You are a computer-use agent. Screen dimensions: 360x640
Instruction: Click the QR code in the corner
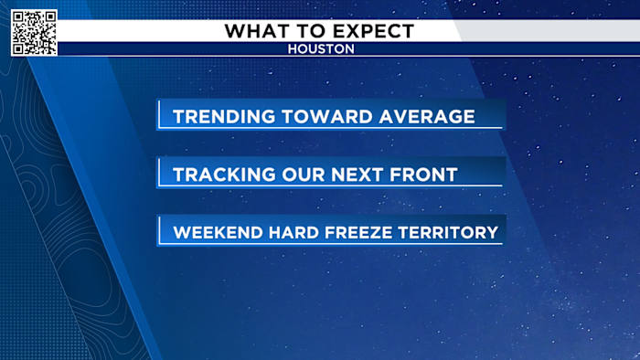pos(34,33)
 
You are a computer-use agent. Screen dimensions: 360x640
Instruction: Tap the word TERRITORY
pos(453,232)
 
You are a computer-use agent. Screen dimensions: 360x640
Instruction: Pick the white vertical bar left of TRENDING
pos(159,115)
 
